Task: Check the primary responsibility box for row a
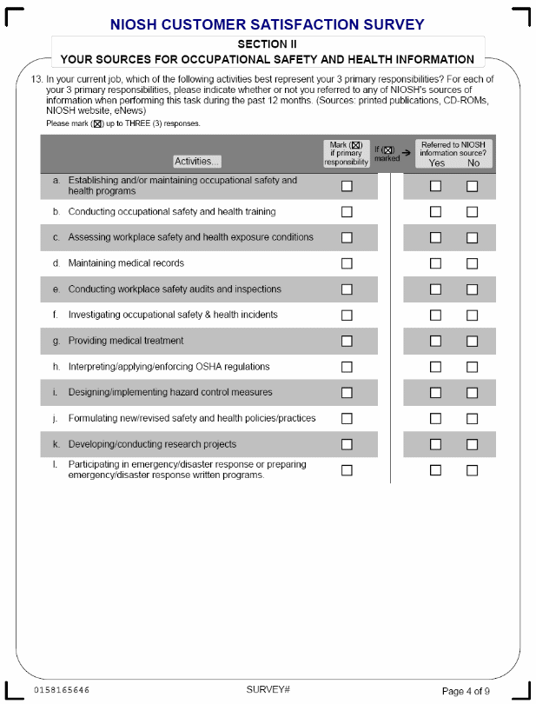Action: [347, 186]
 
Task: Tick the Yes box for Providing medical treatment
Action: [436, 341]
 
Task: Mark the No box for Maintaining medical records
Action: [473, 263]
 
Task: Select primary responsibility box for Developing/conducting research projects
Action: [347, 444]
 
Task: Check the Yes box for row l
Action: [436, 470]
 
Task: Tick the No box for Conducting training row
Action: [473, 211]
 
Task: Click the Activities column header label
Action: [197, 161]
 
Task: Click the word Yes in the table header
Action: [436, 163]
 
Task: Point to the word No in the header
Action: [473, 163]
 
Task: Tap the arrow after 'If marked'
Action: [406, 150]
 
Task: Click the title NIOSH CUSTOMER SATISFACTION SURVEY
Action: [268, 25]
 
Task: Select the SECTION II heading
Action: [268, 43]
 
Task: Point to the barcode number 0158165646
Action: [62, 690]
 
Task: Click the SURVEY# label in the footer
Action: [268, 689]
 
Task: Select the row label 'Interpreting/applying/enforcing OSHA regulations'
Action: [169, 367]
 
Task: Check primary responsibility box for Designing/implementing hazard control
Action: [347, 393]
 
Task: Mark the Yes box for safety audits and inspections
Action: [436, 289]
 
